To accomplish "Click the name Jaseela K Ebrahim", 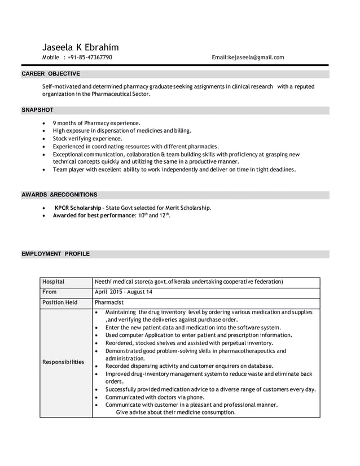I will coord(80,47).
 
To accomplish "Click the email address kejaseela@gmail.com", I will coord(248,58).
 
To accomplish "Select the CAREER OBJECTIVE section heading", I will coord(51,74).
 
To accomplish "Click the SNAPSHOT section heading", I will coord(37,110).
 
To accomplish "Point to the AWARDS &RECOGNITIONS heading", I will coord(59,195).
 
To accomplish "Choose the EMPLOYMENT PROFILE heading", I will coord(55,254).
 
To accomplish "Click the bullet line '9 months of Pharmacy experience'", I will coord(96,123).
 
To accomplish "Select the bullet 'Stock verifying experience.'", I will coord(87,138).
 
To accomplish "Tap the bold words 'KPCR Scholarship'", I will coord(78,208).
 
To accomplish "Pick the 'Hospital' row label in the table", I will coord(53,282).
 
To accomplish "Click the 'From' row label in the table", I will coord(49,292).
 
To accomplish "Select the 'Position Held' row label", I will coord(60,303).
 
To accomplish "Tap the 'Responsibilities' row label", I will coord(63,362).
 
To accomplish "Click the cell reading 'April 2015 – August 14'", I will coord(124,292).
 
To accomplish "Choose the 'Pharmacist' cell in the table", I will coord(109,303).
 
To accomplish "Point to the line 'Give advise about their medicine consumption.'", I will coord(175,412).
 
